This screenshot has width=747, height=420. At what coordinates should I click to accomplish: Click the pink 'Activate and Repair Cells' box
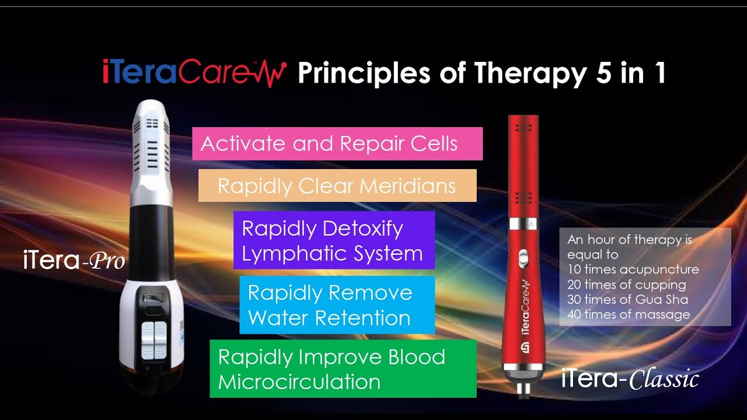click(337, 143)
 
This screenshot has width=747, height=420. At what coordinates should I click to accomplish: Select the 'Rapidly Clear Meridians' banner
click(337, 185)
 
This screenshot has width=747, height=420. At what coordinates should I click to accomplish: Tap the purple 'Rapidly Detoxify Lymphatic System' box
click(334, 240)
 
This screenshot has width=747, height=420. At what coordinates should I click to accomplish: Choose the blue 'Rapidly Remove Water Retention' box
click(337, 305)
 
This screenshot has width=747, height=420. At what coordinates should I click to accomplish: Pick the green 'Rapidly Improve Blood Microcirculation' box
click(343, 369)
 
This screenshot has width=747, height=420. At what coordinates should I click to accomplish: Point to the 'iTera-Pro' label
click(74, 261)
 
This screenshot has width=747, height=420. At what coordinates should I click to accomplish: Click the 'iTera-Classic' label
click(630, 379)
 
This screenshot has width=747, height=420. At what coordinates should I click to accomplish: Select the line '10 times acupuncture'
click(633, 269)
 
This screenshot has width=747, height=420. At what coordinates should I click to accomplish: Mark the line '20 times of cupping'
click(626, 285)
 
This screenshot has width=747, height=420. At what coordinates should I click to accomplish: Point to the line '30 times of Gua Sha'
click(627, 300)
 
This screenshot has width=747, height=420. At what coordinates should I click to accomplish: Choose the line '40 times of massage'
click(629, 315)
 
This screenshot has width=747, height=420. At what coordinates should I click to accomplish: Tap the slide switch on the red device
click(523, 257)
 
